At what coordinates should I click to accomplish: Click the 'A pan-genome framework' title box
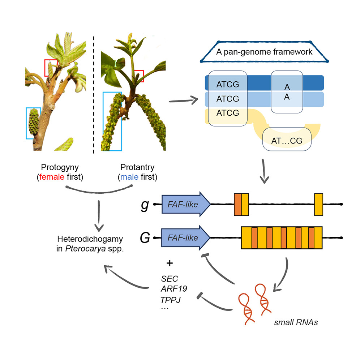point(264,52)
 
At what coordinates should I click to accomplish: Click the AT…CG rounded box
point(287,141)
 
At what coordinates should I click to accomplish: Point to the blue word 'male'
point(128,177)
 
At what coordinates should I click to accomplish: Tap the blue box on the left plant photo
point(33,123)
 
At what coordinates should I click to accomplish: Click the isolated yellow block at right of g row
point(318,205)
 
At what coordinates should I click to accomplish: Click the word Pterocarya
point(90,249)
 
